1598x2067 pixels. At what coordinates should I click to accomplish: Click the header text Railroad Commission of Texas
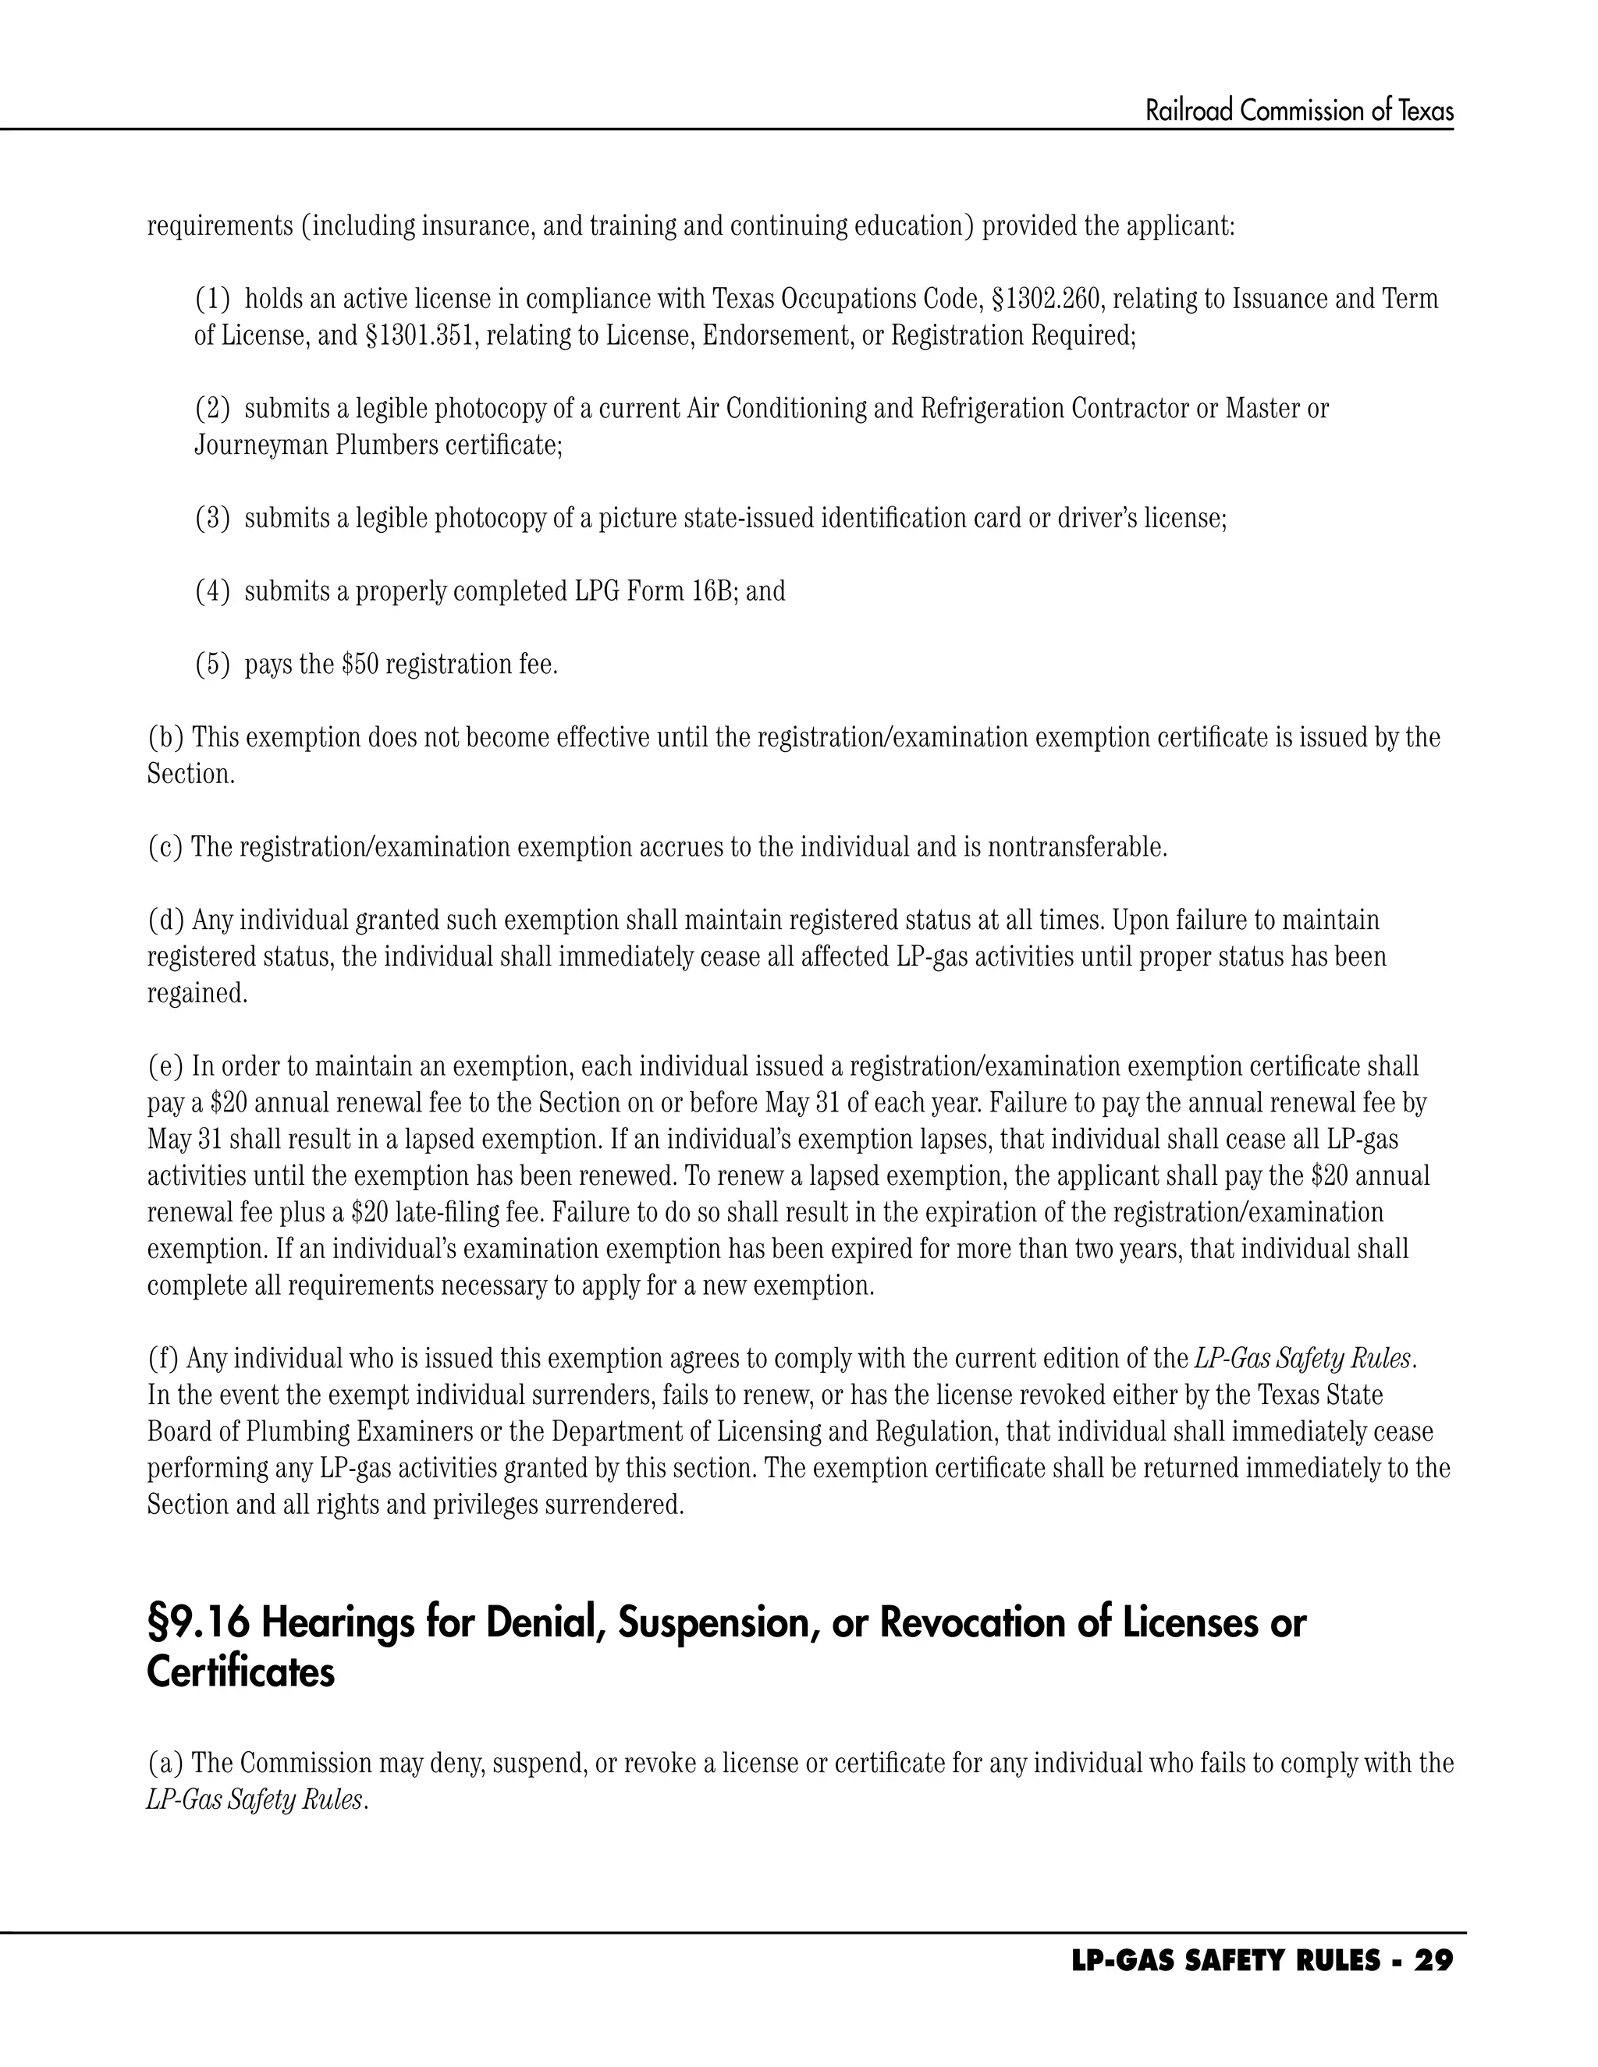tap(1299, 112)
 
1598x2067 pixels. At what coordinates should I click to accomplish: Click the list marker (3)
tap(212, 519)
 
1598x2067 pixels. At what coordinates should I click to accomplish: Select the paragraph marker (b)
tap(165, 737)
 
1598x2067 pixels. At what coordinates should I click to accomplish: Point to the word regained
tap(197, 994)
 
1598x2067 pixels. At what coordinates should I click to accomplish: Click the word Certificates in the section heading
tap(240, 1672)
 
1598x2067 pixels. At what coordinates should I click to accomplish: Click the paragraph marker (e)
tap(165, 1066)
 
